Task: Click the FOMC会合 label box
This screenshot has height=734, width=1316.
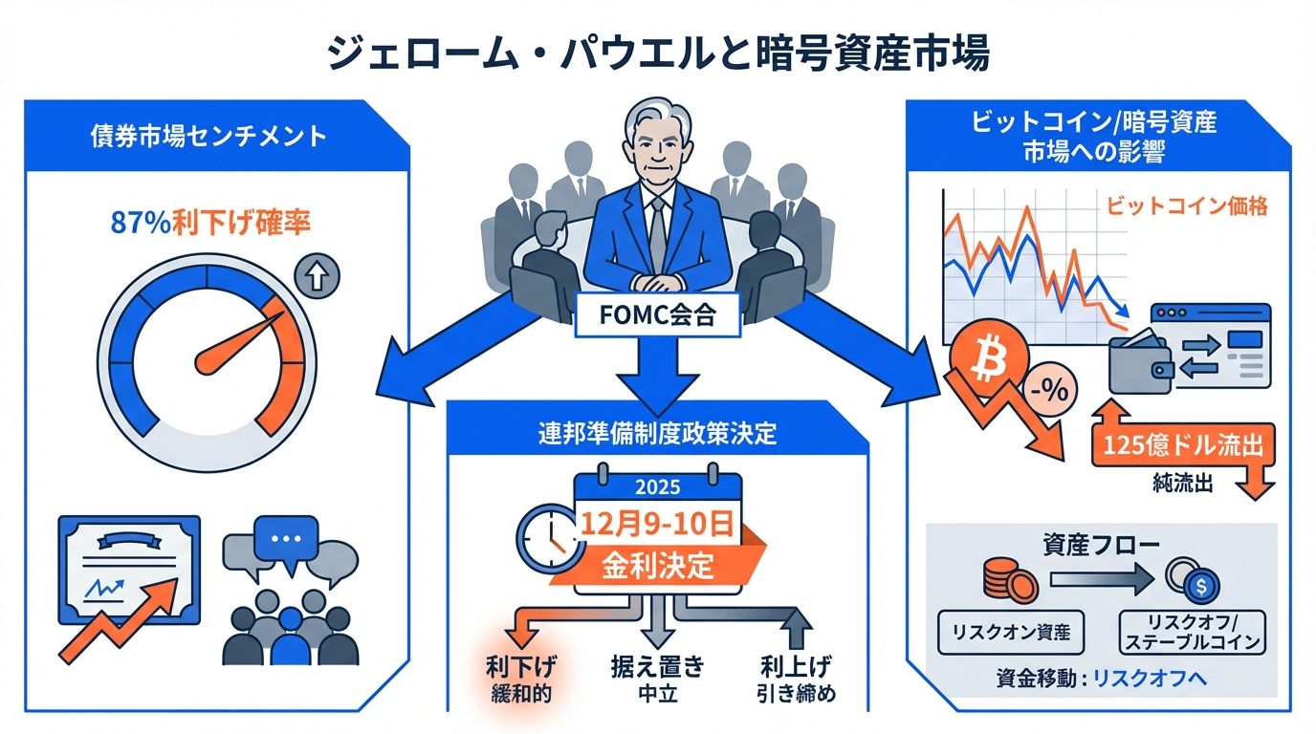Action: click(658, 316)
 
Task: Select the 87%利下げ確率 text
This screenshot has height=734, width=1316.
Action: click(210, 224)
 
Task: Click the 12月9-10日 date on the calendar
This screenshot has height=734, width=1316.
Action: click(658, 526)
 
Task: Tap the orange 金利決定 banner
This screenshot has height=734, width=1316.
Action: click(658, 565)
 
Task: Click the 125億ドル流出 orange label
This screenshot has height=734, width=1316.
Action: click(1181, 445)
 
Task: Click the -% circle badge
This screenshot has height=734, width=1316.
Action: click(1051, 389)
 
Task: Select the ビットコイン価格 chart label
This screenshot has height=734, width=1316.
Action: click(1186, 206)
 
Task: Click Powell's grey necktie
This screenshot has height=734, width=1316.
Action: click(657, 233)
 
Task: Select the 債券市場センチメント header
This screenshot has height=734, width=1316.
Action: click(209, 136)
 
